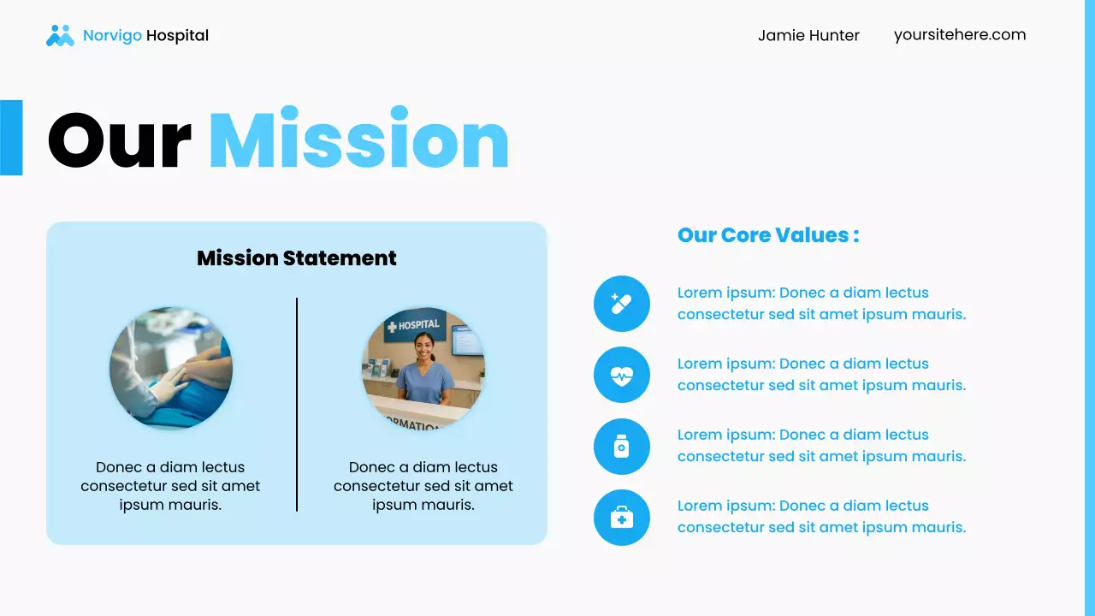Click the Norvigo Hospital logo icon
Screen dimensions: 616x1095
(x=60, y=36)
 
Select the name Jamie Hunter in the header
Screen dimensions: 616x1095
(x=808, y=35)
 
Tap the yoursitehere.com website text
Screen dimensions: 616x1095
(x=959, y=34)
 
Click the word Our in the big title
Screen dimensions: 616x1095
(x=119, y=139)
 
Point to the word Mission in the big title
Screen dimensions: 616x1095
(x=358, y=139)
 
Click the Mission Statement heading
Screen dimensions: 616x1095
(x=297, y=258)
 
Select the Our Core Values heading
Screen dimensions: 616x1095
(x=767, y=234)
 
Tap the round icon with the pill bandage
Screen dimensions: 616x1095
(x=622, y=304)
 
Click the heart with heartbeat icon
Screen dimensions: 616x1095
(x=622, y=375)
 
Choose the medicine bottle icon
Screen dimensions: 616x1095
(x=622, y=446)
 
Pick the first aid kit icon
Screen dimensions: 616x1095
(x=622, y=517)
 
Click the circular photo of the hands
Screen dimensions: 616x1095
(x=171, y=368)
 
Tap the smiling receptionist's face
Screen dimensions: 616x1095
(x=424, y=346)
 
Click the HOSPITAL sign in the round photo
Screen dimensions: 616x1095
(x=414, y=325)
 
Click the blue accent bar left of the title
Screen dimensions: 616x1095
(x=11, y=138)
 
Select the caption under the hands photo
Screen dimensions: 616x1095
(x=170, y=486)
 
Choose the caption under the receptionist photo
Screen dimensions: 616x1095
(x=423, y=486)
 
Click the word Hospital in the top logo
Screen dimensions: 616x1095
(x=177, y=36)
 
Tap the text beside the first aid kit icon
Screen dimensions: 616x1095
(x=821, y=517)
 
